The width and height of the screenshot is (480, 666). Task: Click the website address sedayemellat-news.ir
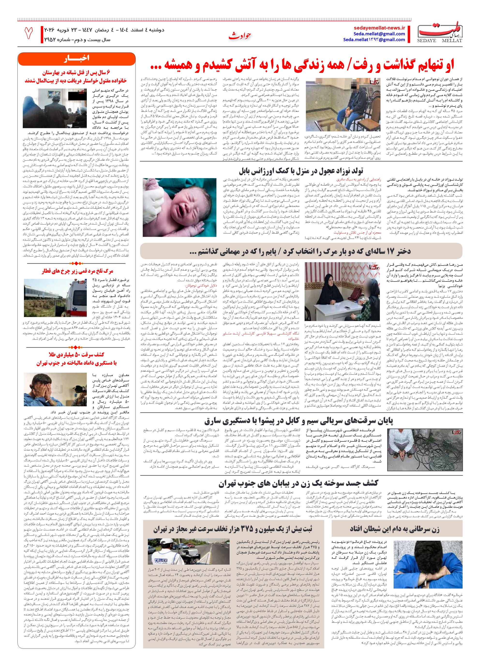(379, 28)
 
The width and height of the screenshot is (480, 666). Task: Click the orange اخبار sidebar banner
(76, 58)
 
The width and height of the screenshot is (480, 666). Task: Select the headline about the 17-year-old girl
(301, 251)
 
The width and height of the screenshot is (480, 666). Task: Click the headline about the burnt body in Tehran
(298, 483)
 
